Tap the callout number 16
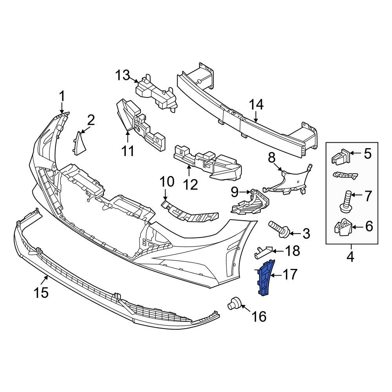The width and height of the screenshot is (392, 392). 259,316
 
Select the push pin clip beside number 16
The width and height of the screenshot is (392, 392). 234,303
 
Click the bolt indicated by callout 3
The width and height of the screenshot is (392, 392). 279,229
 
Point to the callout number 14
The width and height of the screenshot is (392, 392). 257,105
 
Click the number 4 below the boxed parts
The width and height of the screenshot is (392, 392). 350,257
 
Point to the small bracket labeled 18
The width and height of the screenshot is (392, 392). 263,251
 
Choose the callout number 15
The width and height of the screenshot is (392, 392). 41,292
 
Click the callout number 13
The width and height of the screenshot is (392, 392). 122,74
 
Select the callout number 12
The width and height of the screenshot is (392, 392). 191,184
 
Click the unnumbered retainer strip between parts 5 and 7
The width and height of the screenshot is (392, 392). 345,175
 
